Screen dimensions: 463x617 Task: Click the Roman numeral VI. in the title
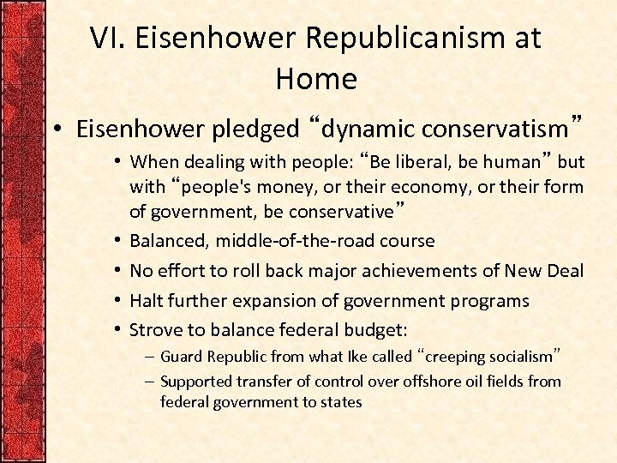pyautogui.click(x=109, y=39)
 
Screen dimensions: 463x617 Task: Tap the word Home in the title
pyautogui.click(x=316, y=79)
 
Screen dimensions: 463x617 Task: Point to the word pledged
pyautogui.click(x=256, y=129)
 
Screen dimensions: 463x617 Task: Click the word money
pyautogui.click(x=284, y=187)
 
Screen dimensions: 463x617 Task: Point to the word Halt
pyautogui.click(x=146, y=301)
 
